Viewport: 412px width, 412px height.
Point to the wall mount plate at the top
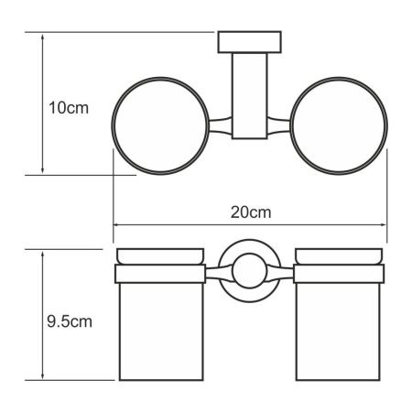[245, 44]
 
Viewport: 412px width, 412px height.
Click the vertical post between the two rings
[245, 96]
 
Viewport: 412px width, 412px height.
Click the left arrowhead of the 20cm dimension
[116, 224]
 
